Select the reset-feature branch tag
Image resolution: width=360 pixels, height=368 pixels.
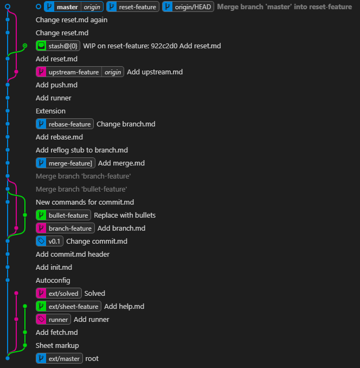coord(133,7)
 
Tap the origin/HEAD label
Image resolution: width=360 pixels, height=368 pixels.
coord(188,7)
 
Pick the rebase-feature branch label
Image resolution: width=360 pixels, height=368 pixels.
coord(65,124)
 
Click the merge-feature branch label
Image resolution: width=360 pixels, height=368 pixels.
coord(65,163)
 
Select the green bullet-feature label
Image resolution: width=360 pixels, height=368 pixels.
coord(63,215)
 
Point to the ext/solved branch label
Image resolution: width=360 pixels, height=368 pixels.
coord(59,294)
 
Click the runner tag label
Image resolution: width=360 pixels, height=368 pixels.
coord(53,320)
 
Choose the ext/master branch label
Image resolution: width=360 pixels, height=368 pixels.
coord(59,359)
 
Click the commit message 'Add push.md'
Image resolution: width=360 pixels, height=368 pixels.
coord(56,85)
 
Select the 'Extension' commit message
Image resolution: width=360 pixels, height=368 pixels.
coord(50,111)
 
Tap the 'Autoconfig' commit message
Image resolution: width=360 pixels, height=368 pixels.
coord(52,281)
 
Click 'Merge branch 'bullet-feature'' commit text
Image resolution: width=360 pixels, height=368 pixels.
coord(81,189)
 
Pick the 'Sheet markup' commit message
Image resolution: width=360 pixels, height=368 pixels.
coord(57,346)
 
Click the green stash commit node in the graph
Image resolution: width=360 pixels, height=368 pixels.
coord(25,46)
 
